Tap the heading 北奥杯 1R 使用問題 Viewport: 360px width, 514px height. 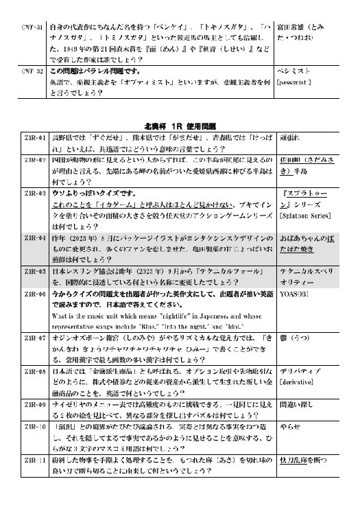tap(180, 126)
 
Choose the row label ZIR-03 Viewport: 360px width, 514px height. tap(33, 194)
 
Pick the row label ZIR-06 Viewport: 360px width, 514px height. tap(33, 292)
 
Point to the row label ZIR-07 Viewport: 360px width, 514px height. tap(33, 338)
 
